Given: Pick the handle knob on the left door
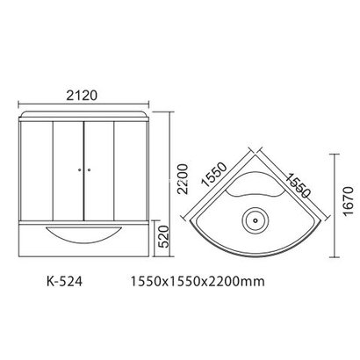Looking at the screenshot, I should [x=78, y=169].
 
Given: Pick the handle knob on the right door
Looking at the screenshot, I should [x=89, y=169].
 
